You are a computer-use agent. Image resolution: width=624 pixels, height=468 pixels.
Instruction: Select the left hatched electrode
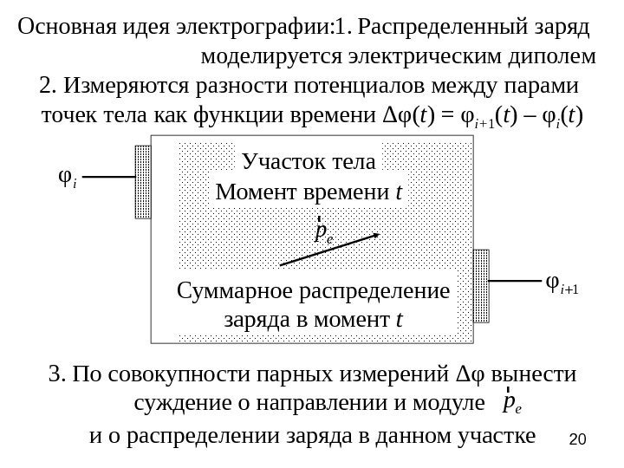143,183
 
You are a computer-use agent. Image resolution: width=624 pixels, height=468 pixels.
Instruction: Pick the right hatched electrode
481,283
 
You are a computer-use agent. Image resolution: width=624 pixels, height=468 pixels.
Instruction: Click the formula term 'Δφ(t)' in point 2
410,115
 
